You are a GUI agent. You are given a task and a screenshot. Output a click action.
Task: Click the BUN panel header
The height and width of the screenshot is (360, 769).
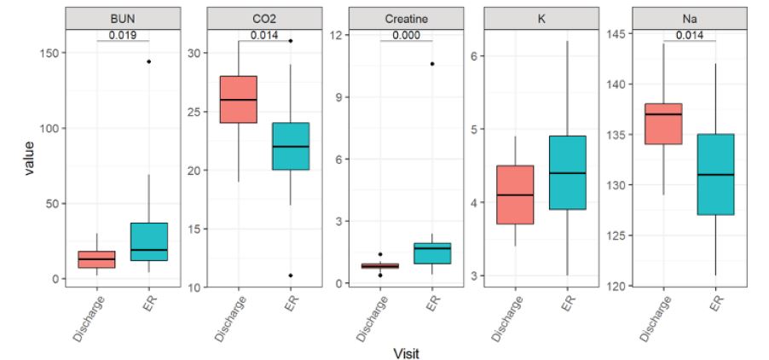pos(124,19)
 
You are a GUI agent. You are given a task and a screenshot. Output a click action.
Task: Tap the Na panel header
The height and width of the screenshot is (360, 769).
pos(685,19)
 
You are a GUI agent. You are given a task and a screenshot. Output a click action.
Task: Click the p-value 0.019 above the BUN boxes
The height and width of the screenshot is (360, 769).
pos(124,35)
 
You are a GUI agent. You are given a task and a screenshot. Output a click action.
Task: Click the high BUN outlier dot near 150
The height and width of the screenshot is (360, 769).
pos(148,61)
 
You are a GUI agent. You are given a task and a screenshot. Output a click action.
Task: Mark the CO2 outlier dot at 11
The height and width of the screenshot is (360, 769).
pos(290,276)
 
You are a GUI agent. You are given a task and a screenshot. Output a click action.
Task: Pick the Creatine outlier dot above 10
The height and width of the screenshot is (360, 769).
pos(432,64)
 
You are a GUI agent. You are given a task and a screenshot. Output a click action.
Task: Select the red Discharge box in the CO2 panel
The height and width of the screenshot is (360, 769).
pos(239,99)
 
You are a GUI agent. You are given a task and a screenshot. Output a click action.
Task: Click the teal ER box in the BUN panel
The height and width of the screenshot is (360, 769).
pos(148,241)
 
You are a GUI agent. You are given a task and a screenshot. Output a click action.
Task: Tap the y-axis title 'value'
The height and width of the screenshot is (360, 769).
pos(30,160)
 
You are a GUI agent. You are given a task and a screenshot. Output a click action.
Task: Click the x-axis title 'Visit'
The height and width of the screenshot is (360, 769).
pos(406,352)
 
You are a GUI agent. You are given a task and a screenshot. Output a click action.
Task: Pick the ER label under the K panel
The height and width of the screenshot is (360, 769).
pos(567,307)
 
